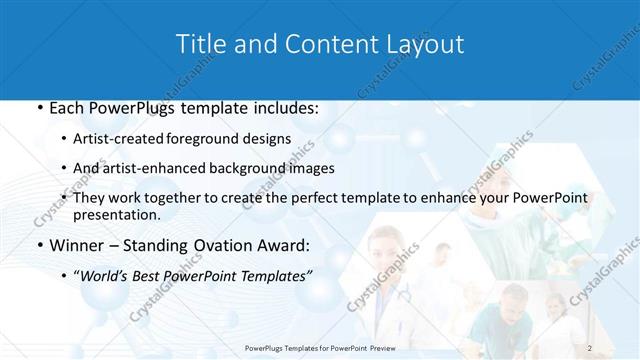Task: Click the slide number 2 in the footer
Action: point(591,348)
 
